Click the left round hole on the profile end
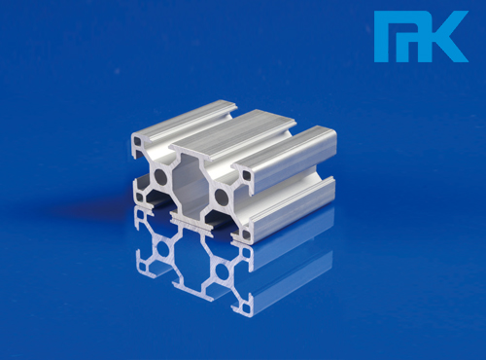[160, 177]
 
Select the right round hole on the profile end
[222, 196]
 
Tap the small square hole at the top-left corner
[138, 141]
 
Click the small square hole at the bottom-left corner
[140, 198]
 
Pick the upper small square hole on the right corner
[247, 175]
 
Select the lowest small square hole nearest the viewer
[246, 234]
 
